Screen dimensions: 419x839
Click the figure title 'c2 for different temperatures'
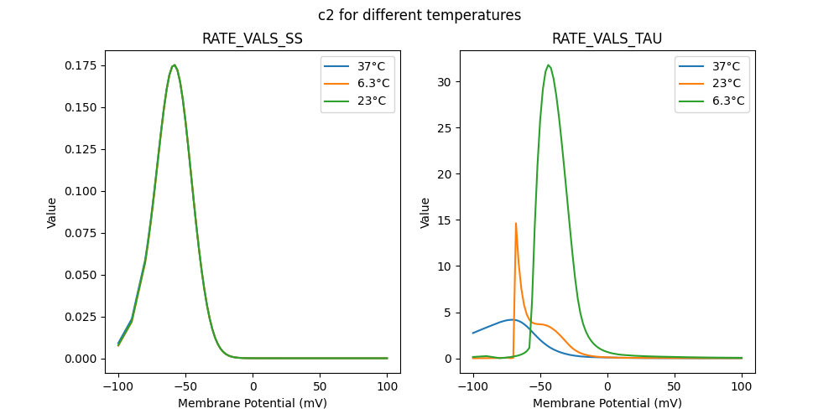pos(419,15)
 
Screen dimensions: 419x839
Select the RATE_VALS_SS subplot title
pos(253,39)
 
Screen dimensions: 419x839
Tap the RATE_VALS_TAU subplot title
pos(607,39)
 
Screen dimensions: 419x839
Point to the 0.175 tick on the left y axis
pos(86,65)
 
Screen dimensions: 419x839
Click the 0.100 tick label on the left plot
pos(86,191)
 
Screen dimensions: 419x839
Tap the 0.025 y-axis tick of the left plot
pos(86,317)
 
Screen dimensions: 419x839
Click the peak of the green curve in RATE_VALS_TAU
pos(548,65)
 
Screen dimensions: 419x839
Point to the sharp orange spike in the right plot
pos(515,223)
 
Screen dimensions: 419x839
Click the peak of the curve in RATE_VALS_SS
pos(174,65)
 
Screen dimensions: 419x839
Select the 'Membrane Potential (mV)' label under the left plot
pos(253,403)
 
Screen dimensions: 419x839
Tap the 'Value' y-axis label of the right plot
pos(425,213)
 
